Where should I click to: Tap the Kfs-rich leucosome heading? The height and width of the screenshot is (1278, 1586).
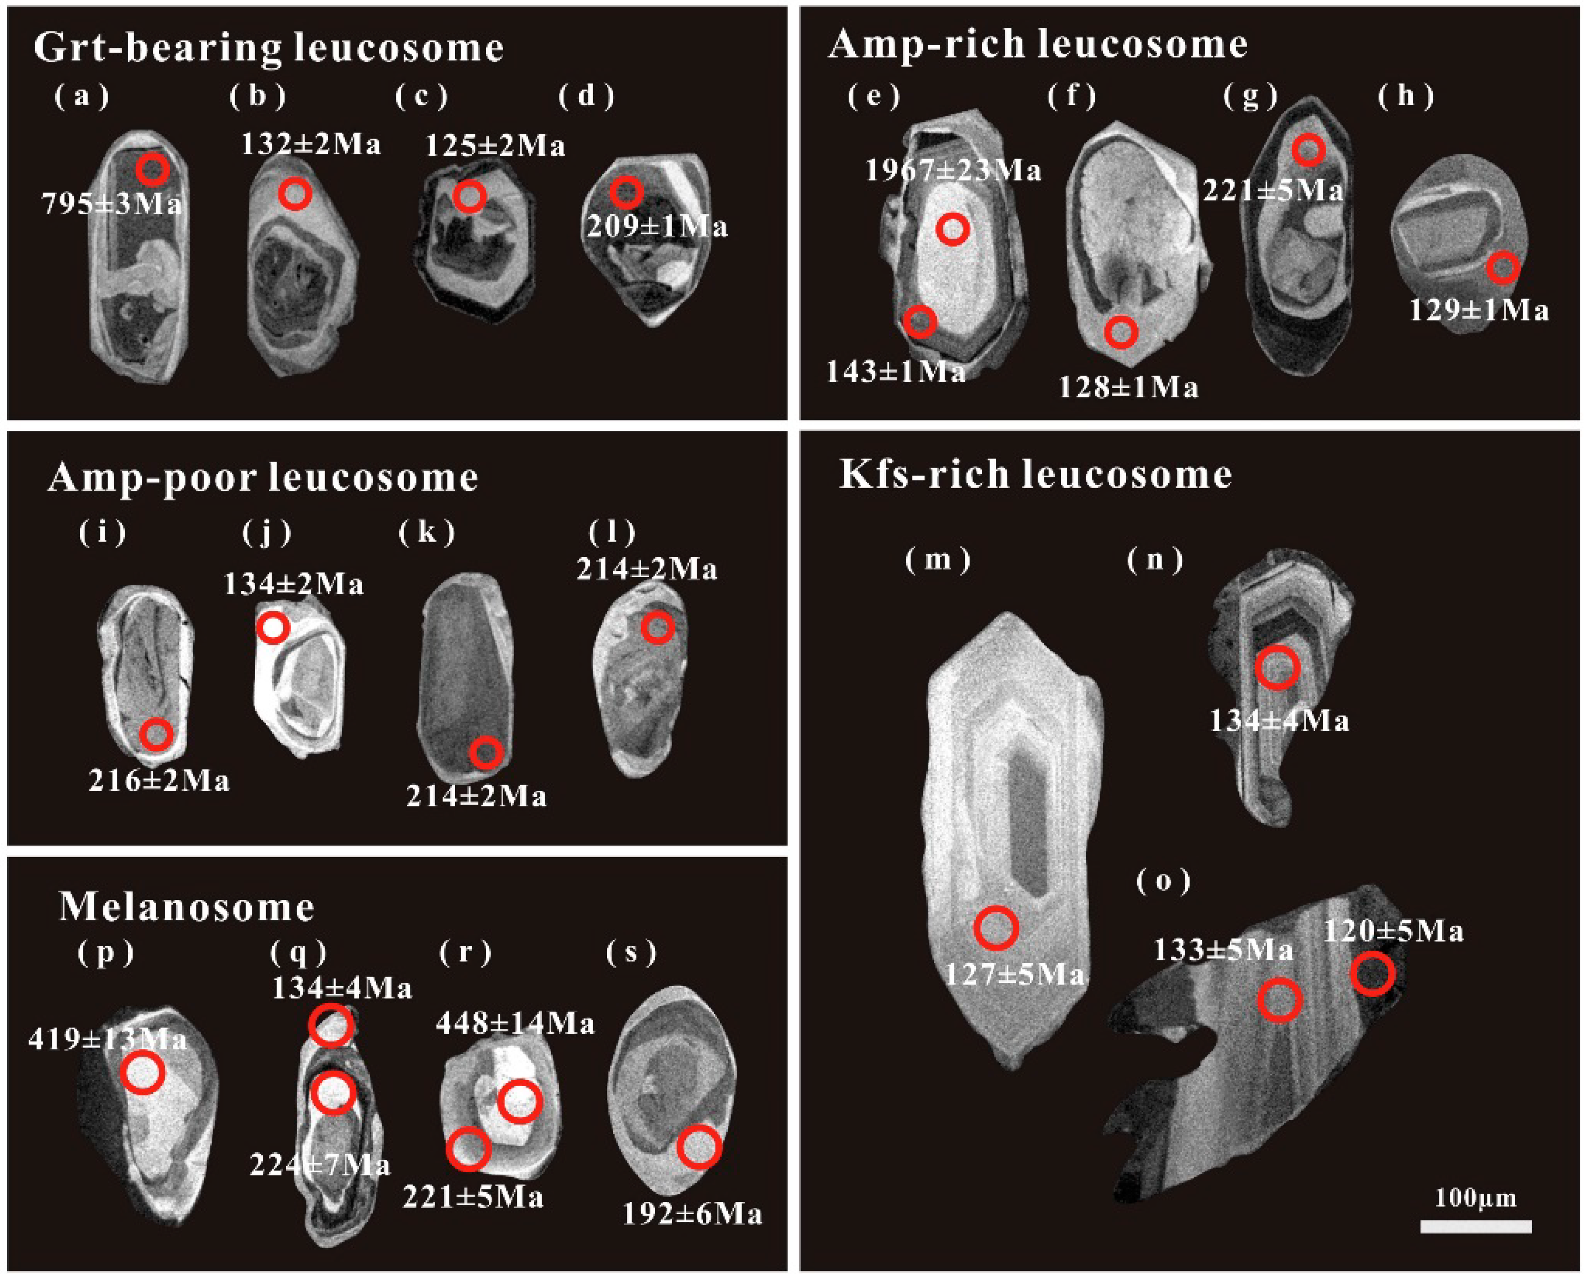click(x=1035, y=474)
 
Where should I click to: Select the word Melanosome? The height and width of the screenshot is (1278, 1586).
click(x=187, y=907)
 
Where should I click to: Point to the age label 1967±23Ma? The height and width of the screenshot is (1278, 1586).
click(x=952, y=171)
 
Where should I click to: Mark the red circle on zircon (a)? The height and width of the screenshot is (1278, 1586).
click(x=152, y=170)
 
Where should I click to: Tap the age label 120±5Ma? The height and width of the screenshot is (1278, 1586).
click(x=1393, y=932)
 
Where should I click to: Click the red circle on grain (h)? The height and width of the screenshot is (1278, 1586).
click(x=1502, y=268)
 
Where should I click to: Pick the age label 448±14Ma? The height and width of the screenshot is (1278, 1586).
click(x=515, y=1023)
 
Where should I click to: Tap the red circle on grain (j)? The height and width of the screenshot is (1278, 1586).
click(x=273, y=628)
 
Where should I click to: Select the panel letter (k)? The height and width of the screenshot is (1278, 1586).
click(x=427, y=532)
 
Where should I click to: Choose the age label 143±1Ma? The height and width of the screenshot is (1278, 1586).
click(x=895, y=372)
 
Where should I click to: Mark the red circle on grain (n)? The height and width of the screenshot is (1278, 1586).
click(x=1277, y=668)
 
